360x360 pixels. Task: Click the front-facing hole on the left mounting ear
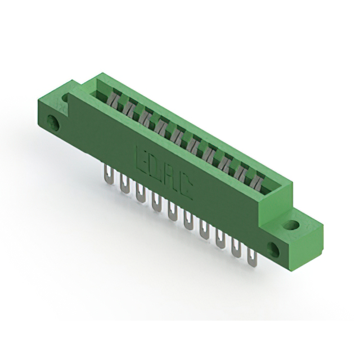pos(55,123)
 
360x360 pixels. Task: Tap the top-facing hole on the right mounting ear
pos(290,226)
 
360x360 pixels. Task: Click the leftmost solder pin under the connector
pos(107,174)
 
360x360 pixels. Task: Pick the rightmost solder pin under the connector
pos(253,256)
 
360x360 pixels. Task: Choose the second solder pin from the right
pos(237,247)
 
